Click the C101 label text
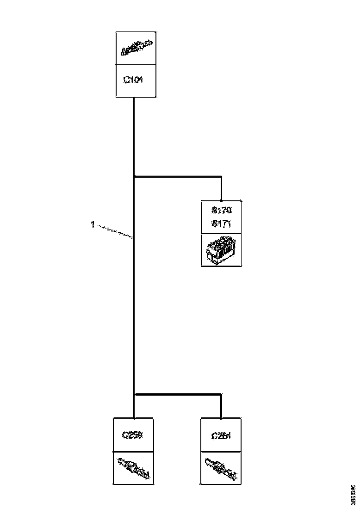tap(134, 80)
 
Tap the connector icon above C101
tap(136, 48)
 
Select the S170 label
tap(221, 211)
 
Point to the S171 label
tap(221, 223)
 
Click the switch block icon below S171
tap(221, 250)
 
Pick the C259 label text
tap(132, 435)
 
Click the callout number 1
tap(93, 225)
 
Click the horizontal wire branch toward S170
tap(178, 176)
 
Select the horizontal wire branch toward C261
tap(178, 395)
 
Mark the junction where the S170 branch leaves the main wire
tap(134, 176)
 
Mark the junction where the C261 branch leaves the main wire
tap(134, 395)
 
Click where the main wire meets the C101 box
tap(134, 98)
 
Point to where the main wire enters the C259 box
tap(134, 418)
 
